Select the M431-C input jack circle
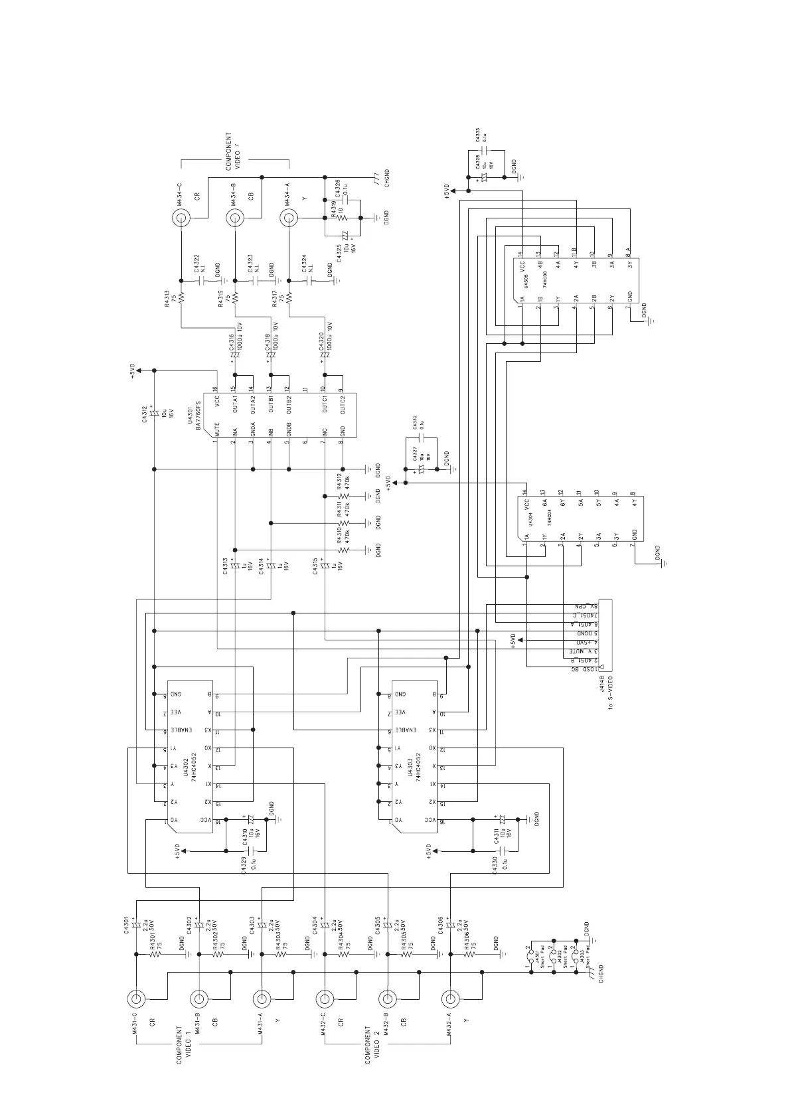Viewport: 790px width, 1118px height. [136, 998]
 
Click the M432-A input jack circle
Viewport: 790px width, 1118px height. [450, 998]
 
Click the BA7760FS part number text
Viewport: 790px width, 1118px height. [198, 415]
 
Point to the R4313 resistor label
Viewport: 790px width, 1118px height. [167, 299]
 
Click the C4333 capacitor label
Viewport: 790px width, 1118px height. [477, 135]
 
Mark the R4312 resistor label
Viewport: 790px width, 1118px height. [339, 481]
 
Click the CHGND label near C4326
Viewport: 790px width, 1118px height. [387, 178]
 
